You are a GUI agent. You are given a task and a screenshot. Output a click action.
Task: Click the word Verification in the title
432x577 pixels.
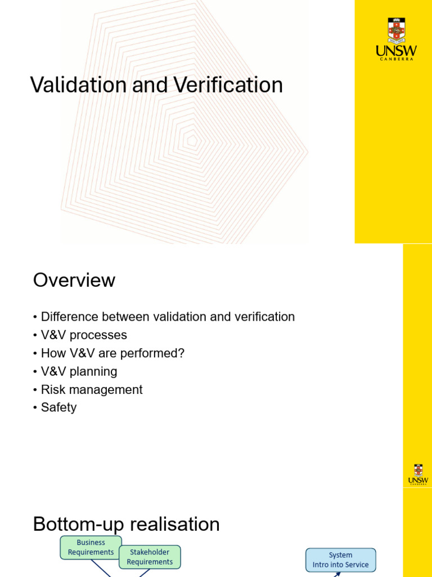[x=228, y=85]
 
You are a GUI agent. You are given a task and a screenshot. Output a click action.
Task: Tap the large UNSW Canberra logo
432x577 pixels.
[x=396, y=38]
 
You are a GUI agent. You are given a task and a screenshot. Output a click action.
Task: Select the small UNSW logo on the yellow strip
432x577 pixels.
[x=418, y=474]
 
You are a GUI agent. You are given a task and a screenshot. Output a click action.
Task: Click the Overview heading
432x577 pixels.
[x=74, y=280]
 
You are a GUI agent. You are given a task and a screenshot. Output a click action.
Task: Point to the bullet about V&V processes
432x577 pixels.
[x=84, y=335]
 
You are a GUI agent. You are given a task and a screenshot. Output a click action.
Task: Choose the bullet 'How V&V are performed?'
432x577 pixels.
[x=112, y=353]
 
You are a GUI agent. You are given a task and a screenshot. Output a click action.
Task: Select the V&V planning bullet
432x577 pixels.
[x=79, y=372]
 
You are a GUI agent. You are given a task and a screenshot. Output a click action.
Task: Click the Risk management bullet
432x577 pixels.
[x=92, y=390]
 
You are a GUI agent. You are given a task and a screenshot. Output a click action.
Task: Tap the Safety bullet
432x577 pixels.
[x=58, y=407]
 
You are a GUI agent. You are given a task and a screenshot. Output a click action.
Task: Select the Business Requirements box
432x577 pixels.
[x=91, y=548]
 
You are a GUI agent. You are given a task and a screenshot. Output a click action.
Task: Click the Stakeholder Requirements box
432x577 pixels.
[x=150, y=557]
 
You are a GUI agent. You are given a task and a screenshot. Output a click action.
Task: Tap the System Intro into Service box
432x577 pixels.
[x=341, y=560]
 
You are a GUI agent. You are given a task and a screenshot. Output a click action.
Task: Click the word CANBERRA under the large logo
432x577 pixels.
[x=396, y=59]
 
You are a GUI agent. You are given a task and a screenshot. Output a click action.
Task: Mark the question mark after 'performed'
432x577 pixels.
[x=181, y=353]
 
